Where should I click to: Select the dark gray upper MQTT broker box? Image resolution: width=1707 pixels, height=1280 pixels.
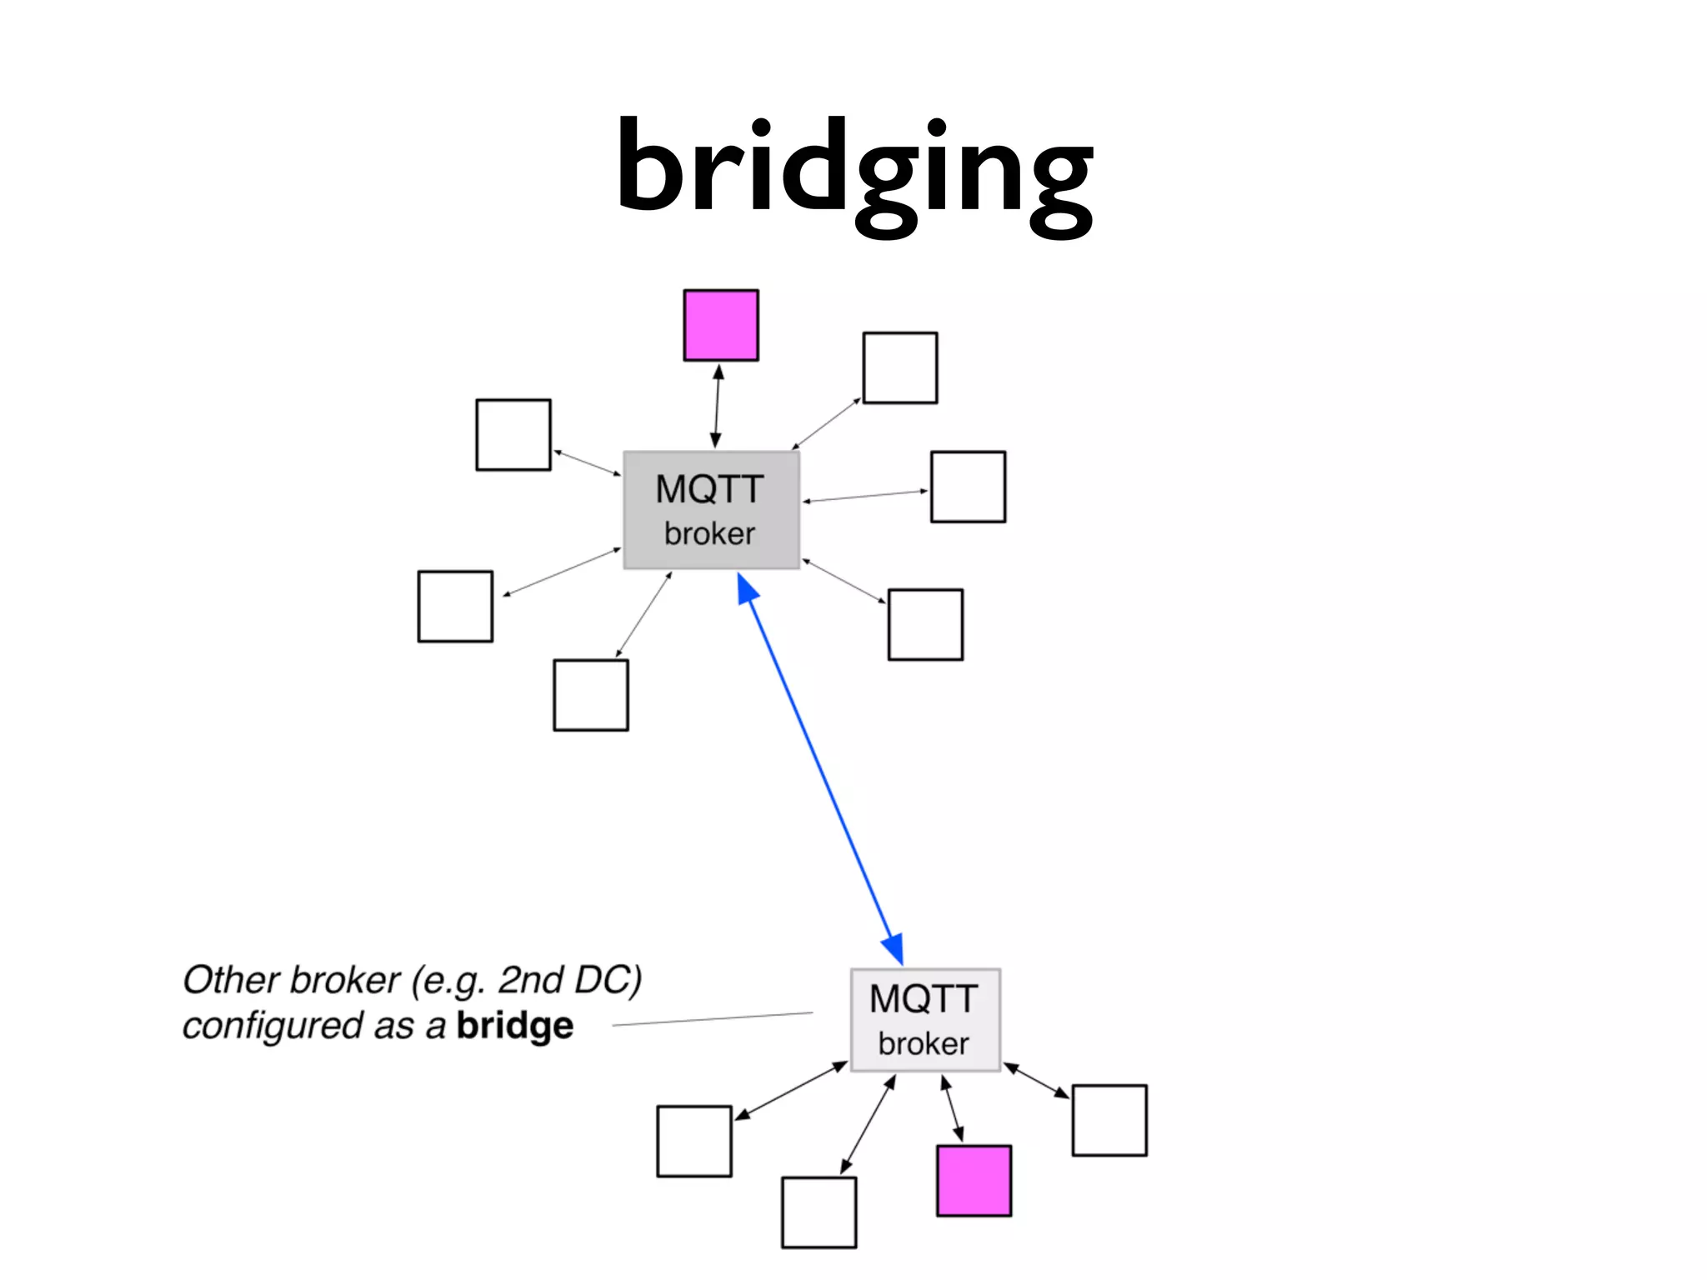[711, 511]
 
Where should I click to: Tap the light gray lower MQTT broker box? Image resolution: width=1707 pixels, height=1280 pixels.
[924, 1019]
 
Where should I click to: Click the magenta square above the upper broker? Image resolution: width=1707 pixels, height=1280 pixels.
[721, 326]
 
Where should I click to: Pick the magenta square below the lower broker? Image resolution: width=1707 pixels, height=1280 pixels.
[974, 1181]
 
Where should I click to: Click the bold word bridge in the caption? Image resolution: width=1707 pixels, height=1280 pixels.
[514, 1026]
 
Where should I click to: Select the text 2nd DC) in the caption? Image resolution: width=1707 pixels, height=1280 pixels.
[569, 980]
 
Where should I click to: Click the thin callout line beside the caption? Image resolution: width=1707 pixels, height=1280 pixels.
[713, 1019]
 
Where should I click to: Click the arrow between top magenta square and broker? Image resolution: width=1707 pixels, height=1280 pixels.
[717, 407]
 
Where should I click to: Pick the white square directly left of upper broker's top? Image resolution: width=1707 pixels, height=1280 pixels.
[513, 435]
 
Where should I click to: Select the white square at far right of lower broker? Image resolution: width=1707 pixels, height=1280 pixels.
[1109, 1120]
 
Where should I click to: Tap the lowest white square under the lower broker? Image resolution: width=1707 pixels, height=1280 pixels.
[818, 1212]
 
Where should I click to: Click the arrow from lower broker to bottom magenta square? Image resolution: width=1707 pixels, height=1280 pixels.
[952, 1108]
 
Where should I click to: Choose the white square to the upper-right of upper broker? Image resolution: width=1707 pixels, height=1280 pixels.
[900, 367]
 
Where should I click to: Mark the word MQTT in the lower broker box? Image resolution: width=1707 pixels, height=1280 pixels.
[924, 999]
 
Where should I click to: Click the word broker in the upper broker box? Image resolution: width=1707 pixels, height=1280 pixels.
[709, 534]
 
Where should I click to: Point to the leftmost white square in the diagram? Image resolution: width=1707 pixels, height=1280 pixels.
[455, 607]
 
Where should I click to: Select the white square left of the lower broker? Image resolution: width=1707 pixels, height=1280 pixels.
[694, 1141]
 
